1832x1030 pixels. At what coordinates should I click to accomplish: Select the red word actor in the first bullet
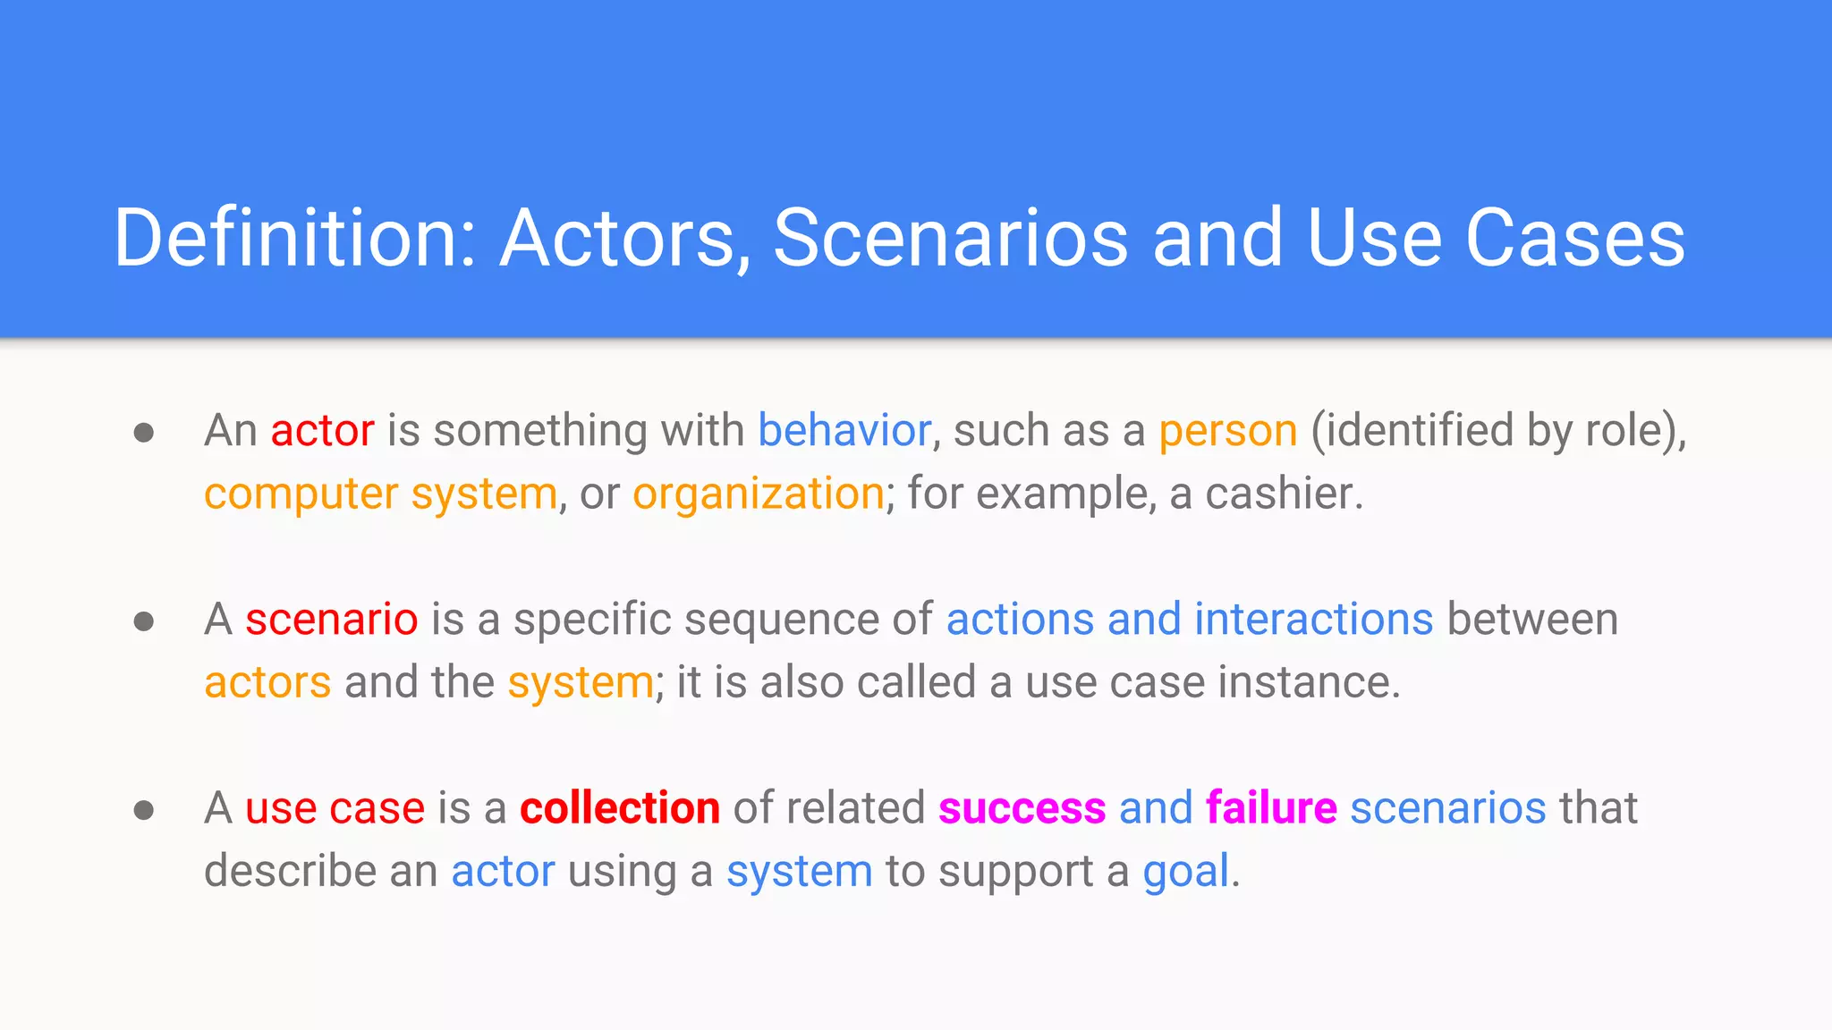coord(322,431)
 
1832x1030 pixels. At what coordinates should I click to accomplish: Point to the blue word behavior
coord(844,431)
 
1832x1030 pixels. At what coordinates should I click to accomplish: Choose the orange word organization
coord(759,494)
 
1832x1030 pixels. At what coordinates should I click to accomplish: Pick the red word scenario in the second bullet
coord(332,620)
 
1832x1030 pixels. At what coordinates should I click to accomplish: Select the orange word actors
coord(267,684)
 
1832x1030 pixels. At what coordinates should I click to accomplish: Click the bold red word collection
coord(620,808)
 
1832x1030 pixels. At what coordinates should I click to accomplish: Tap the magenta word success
coord(1022,809)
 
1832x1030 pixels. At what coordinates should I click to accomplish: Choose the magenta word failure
coord(1271,808)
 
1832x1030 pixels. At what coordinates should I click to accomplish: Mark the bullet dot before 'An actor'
coord(144,434)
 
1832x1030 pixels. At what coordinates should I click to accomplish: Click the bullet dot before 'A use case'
coord(144,811)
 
